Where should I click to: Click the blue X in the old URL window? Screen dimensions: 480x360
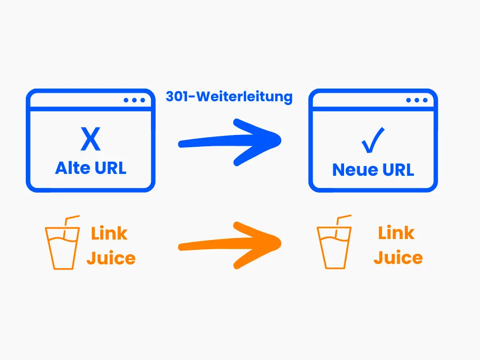pyautogui.click(x=90, y=139)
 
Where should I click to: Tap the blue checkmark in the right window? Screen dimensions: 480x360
pyautogui.click(x=373, y=141)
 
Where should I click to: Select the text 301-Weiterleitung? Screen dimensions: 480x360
pyautogui.click(x=229, y=97)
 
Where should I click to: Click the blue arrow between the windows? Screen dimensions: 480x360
pyautogui.click(x=230, y=142)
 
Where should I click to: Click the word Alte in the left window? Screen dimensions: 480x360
pyautogui.click(x=72, y=168)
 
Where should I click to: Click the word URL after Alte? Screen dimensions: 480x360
pyautogui.click(x=109, y=168)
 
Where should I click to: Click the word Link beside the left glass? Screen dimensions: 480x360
pyautogui.click(x=109, y=233)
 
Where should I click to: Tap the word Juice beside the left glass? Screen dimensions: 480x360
pyautogui.click(x=111, y=258)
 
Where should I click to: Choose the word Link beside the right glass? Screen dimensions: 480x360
pyautogui.click(x=397, y=232)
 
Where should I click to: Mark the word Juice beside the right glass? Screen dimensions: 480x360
pyautogui.click(x=398, y=257)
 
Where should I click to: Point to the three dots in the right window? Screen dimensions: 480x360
pyautogui.click(x=417, y=100)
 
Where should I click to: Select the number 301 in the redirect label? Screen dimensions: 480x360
pyautogui.click(x=179, y=97)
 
